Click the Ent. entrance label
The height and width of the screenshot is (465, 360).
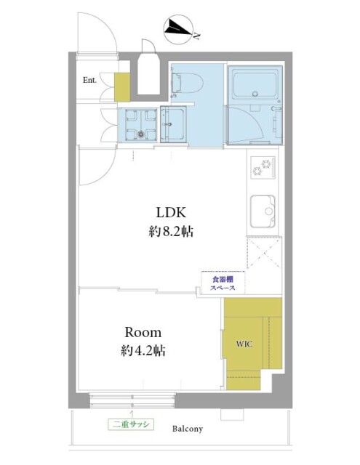(x=89, y=80)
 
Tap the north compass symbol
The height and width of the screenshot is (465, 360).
(x=179, y=31)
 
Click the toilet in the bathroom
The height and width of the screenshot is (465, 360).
(x=187, y=83)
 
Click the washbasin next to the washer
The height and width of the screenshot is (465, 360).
(x=174, y=124)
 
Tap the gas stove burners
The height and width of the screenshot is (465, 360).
(x=263, y=167)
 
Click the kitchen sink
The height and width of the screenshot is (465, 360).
(x=263, y=211)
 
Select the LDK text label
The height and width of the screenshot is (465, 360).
(x=171, y=213)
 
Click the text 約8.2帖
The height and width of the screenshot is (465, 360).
(x=171, y=231)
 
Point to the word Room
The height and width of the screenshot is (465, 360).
(x=143, y=333)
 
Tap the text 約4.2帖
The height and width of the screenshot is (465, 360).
(x=143, y=351)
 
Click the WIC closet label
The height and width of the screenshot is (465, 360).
(x=244, y=344)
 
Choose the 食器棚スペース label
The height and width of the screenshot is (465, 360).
(x=223, y=283)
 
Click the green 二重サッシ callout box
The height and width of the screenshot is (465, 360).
(x=131, y=424)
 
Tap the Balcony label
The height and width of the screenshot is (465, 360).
(x=188, y=429)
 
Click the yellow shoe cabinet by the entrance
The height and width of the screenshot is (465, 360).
(x=122, y=87)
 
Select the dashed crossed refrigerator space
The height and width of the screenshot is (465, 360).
(x=263, y=253)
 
